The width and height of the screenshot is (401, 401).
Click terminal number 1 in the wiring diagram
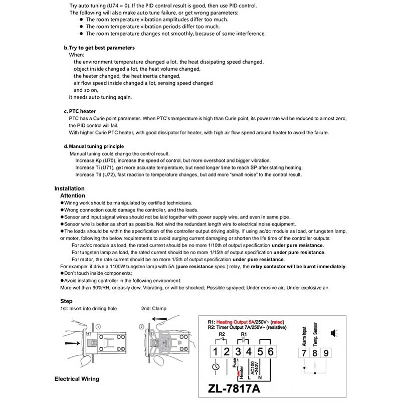click(x=215, y=351)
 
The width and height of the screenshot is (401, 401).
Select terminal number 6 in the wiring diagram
click(x=270, y=351)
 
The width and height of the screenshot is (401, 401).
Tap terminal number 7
click(x=304, y=352)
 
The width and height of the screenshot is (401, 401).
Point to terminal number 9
click(x=326, y=352)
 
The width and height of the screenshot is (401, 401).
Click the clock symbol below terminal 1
click(x=215, y=371)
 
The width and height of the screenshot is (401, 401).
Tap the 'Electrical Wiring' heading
click(x=77, y=379)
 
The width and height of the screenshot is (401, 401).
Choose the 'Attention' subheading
click(x=73, y=195)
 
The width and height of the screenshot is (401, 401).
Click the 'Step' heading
click(x=66, y=301)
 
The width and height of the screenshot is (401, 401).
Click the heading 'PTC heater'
click(x=82, y=111)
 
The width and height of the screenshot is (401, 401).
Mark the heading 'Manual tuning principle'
click(x=96, y=146)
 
